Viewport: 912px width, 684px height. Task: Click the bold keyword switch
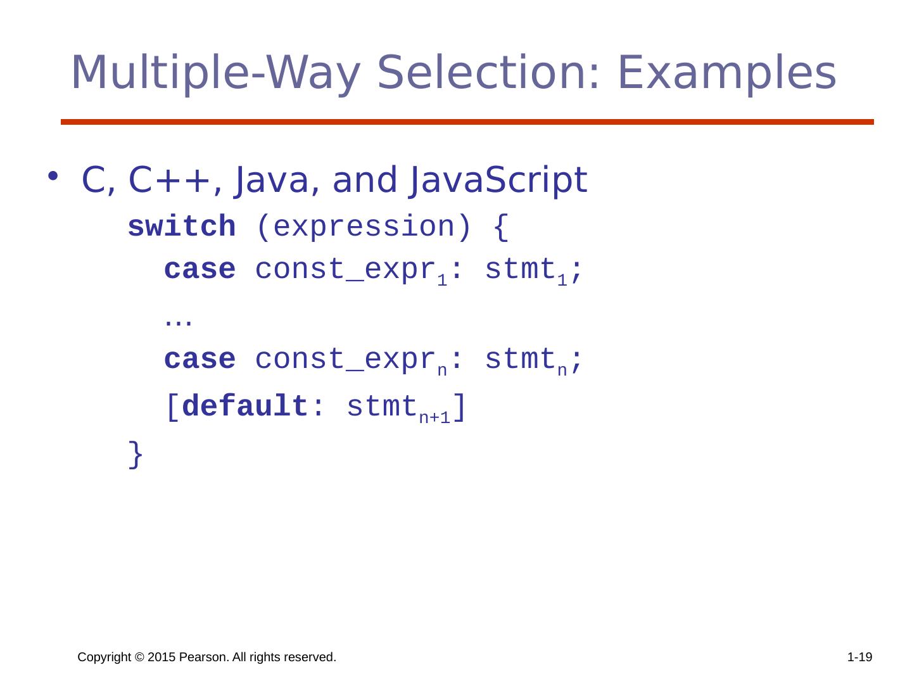182,227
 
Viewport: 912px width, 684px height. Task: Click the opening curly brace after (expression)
500,227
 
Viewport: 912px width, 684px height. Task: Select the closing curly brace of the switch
136,454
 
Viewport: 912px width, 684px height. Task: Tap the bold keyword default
245,406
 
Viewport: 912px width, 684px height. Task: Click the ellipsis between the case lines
178,321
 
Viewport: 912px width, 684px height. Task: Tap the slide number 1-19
859,658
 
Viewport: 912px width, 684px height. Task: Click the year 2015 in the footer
161,658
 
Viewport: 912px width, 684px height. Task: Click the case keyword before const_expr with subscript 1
199,270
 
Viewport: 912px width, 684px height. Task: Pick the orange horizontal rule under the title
467,122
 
